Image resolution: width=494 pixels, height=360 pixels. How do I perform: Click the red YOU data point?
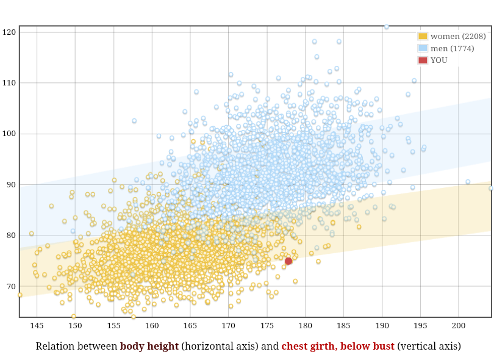click(x=288, y=261)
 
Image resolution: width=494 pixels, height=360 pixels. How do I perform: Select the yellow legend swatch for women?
click(x=423, y=37)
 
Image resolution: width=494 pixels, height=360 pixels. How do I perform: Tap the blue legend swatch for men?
click(x=423, y=48)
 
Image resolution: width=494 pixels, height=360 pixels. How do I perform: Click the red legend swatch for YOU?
click(x=423, y=60)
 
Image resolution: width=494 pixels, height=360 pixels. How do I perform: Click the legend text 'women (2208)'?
click(x=458, y=37)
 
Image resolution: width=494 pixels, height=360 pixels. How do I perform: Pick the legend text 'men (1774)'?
click(x=452, y=48)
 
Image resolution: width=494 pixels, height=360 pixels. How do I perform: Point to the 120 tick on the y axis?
click(x=9, y=32)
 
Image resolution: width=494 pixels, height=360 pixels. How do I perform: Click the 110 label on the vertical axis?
click(x=9, y=82)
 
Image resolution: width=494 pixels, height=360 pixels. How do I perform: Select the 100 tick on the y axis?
click(x=9, y=134)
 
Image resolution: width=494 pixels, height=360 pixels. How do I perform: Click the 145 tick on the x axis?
click(x=37, y=326)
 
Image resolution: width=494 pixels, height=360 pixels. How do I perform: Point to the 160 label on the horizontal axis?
click(x=152, y=326)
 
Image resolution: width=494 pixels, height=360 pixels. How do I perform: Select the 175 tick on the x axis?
click(x=267, y=326)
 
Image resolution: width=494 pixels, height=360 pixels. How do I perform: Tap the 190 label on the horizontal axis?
click(x=382, y=326)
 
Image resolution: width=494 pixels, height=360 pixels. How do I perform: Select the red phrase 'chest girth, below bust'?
click(x=338, y=347)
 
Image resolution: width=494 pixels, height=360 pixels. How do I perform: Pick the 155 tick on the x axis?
click(x=113, y=326)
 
